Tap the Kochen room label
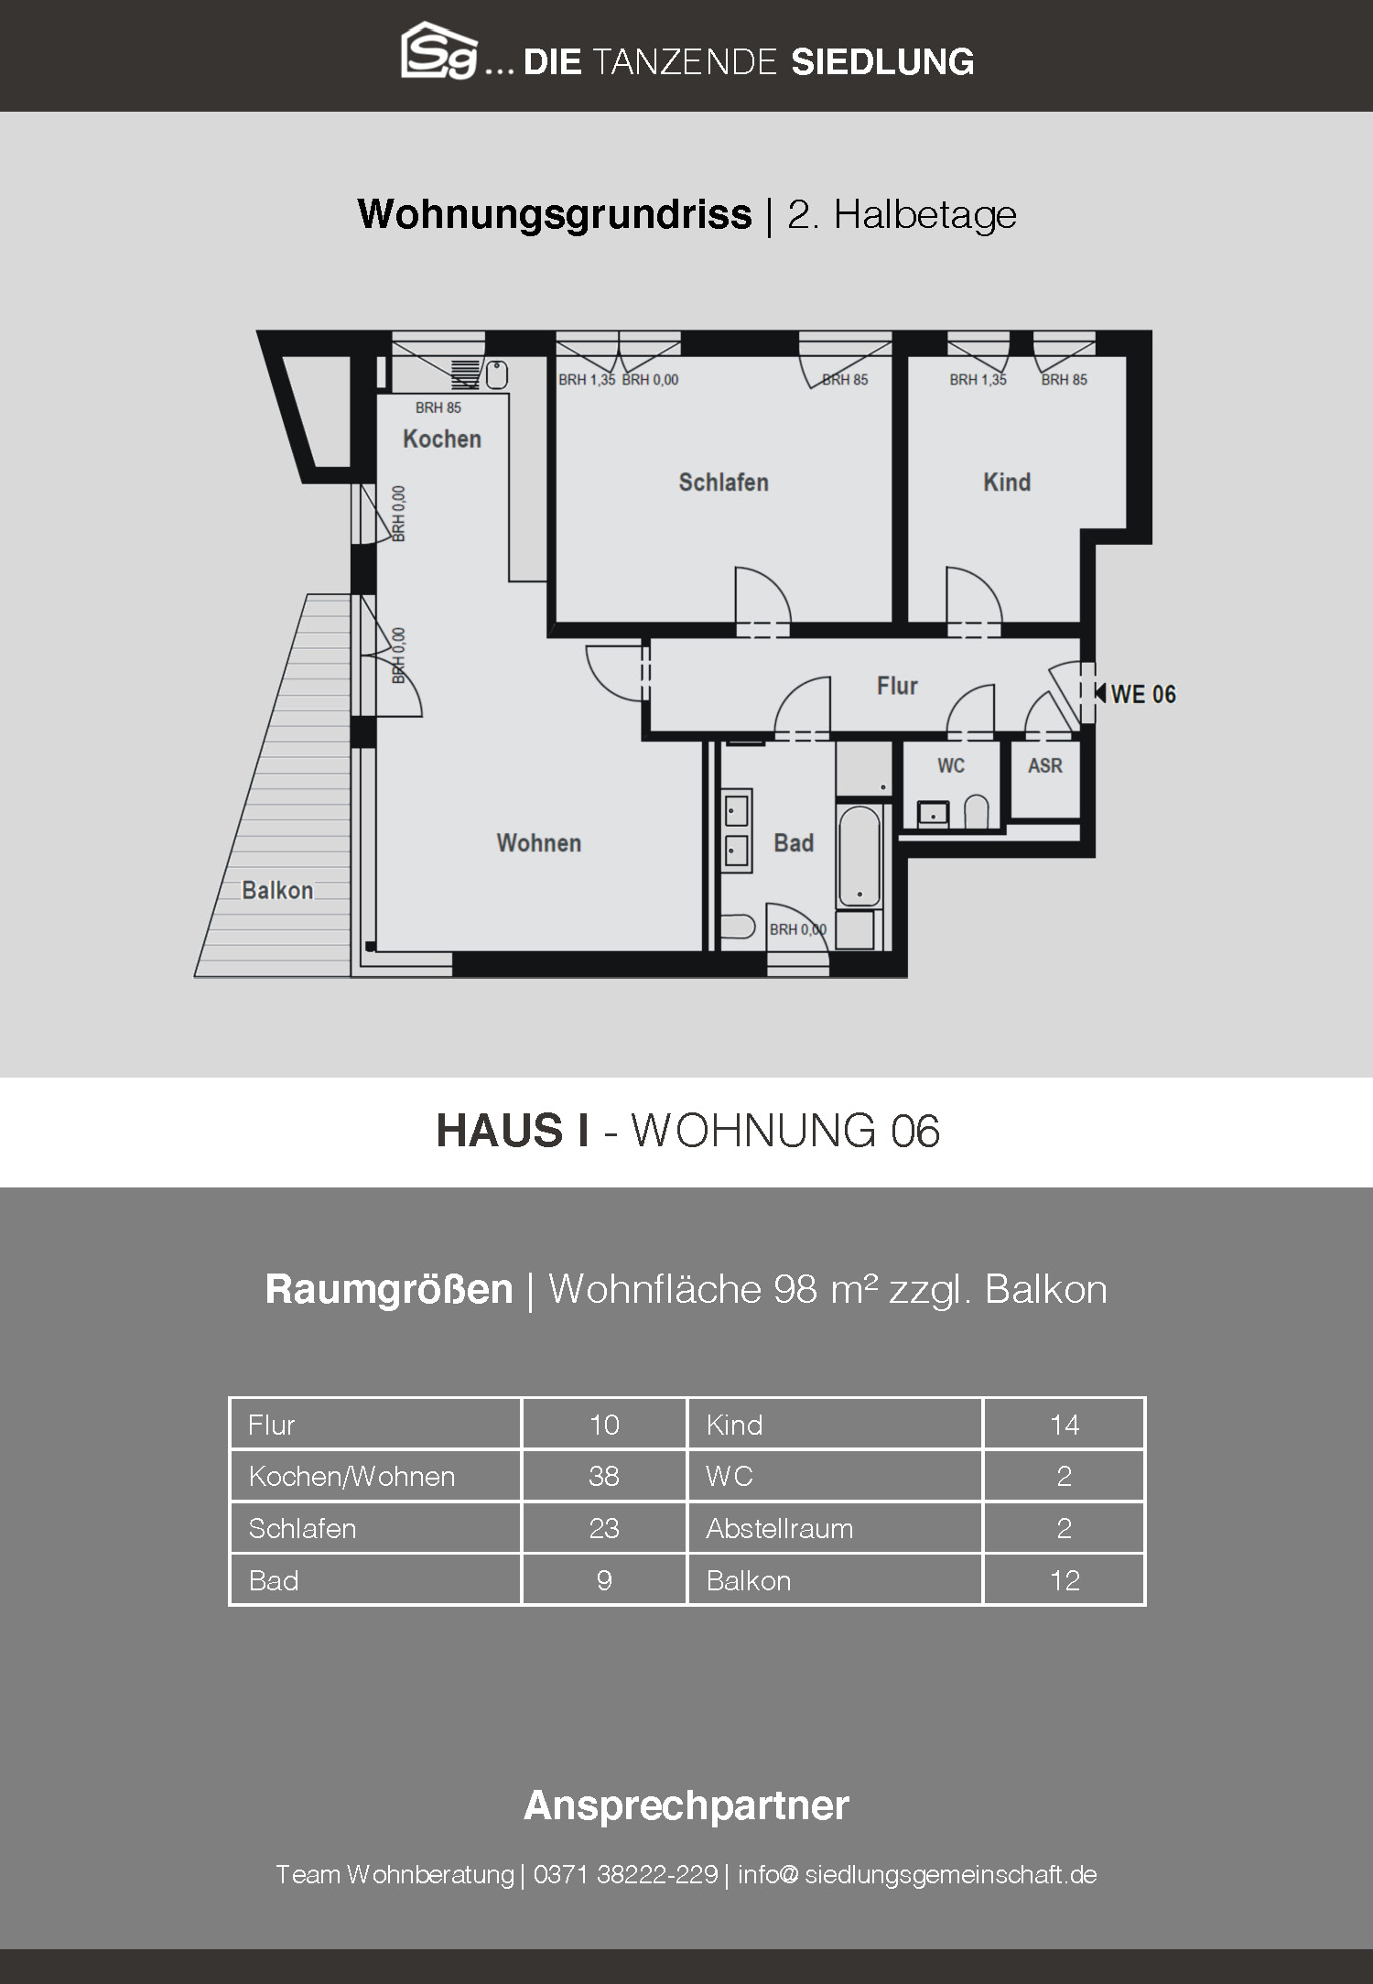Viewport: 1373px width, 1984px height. [442, 439]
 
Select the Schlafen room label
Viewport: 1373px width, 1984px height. [723, 482]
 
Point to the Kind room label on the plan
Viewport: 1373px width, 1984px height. [1007, 482]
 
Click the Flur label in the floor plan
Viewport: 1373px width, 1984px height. [897, 686]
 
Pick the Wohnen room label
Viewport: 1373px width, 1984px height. [539, 843]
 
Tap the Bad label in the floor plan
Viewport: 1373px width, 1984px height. [794, 843]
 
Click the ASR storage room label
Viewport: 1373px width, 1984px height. [1045, 765]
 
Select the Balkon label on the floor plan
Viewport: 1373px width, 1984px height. [277, 890]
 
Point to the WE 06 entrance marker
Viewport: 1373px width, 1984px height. [1135, 694]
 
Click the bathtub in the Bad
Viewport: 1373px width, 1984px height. [859, 856]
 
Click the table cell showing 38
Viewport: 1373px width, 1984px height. [604, 1476]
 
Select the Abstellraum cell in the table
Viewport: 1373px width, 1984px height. [780, 1528]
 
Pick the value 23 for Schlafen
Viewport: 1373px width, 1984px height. [604, 1528]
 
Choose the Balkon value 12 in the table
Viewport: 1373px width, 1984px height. [1065, 1580]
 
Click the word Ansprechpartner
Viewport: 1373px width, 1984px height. [686, 1805]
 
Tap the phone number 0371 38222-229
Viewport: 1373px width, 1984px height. [625, 1874]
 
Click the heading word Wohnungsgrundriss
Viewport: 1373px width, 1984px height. [555, 214]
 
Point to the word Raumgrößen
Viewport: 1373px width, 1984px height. [389, 1289]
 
